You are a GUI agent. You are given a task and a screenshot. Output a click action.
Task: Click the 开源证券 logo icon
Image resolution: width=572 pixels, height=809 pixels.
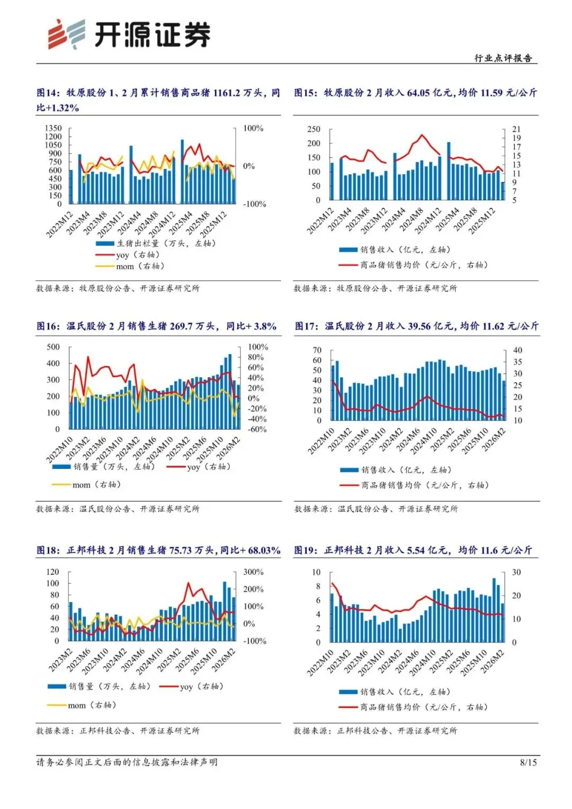(x=66, y=34)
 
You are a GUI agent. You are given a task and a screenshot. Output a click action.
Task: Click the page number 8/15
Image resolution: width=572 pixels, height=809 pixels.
(x=528, y=762)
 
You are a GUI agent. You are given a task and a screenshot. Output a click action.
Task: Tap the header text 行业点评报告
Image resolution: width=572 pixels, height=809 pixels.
(x=503, y=58)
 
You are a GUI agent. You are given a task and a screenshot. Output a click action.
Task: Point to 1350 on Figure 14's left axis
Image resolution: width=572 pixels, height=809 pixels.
(x=53, y=128)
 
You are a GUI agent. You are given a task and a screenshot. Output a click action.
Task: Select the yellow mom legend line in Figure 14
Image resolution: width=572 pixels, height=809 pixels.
(x=105, y=266)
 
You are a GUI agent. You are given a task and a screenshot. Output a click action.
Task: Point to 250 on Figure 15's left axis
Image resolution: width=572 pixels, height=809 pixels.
(x=314, y=129)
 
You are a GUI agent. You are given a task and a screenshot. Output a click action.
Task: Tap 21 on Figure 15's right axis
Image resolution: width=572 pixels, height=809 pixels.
(x=516, y=129)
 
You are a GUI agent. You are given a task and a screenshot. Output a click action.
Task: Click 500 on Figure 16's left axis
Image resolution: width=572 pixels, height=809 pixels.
(x=53, y=347)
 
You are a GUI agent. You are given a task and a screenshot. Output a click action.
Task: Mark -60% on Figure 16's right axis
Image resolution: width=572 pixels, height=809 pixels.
(x=257, y=429)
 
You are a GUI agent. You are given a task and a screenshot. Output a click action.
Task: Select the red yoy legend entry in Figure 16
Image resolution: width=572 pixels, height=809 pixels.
(x=199, y=467)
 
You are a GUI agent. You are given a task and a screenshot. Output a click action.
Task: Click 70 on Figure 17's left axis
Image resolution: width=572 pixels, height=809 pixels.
(x=317, y=350)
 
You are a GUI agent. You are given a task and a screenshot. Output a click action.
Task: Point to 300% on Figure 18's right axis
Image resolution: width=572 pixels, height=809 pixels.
(x=253, y=572)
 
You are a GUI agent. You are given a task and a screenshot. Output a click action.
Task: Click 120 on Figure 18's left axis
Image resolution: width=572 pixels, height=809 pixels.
(x=53, y=572)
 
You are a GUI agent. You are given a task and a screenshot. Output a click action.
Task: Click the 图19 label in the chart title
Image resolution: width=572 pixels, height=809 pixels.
(x=305, y=550)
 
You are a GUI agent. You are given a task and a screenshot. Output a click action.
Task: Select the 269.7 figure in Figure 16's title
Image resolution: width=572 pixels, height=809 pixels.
(x=181, y=326)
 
